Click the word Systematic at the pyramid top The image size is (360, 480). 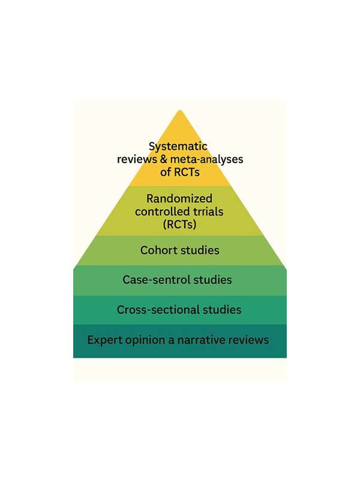coord(178,146)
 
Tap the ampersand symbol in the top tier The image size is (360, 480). coord(163,159)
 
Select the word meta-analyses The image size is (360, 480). coord(206,160)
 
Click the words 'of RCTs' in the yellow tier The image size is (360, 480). coord(180,172)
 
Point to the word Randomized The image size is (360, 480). coord(179,199)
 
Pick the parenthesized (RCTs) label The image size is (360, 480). coord(179,224)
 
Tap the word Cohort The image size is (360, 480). coord(158,250)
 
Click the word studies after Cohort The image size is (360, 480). coord(200,250)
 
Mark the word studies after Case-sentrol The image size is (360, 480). coord(212,280)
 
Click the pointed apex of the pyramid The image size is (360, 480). coord(180,110)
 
